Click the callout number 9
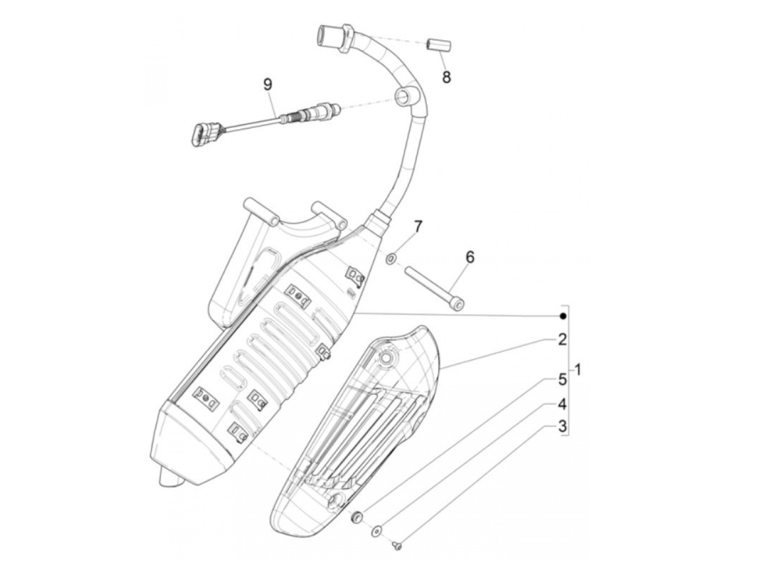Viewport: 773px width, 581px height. point(267,84)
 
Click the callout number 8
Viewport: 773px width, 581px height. point(446,77)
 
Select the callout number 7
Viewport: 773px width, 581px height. point(418,226)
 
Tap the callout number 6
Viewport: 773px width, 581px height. point(469,257)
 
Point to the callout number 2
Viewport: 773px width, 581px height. point(562,340)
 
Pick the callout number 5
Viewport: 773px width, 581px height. point(562,380)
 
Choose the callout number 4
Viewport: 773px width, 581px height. point(562,404)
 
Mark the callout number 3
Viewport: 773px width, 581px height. point(562,427)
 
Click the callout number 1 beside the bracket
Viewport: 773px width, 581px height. point(578,369)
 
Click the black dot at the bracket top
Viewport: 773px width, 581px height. point(562,316)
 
